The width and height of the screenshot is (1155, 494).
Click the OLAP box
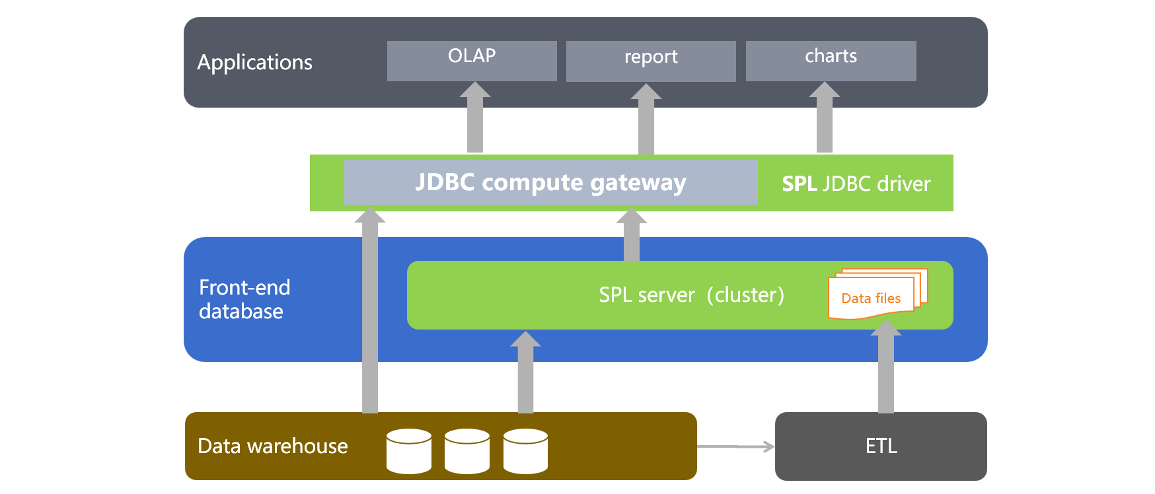click(x=472, y=61)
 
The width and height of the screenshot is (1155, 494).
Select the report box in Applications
click(x=651, y=61)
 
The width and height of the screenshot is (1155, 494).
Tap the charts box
click(x=831, y=61)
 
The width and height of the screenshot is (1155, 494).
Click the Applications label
click(x=255, y=62)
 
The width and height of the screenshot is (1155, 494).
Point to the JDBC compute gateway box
click(x=550, y=182)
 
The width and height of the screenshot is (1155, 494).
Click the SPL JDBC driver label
click(x=856, y=184)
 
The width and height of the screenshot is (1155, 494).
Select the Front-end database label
click(x=244, y=299)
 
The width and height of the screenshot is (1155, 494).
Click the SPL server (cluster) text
click(x=691, y=295)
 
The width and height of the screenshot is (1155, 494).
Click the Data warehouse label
click(x=273, y=446)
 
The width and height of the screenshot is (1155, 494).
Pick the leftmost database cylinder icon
click(x=409, y=451)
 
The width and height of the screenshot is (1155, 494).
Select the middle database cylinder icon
click(x=467, y=451)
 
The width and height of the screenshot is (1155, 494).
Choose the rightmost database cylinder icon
click(x=525, y=451)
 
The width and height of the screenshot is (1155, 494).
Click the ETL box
click(x=881, y=446)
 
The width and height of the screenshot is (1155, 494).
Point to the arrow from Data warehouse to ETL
click(x=735, y=447)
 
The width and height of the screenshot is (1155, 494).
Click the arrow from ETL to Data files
click(x=886, y=370)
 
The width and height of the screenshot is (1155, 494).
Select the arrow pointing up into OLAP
click(x=475, y=119)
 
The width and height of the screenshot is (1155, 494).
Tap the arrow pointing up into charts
click(x=825, y=119)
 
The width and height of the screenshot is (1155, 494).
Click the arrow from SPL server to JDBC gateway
click(x=632, y=236)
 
